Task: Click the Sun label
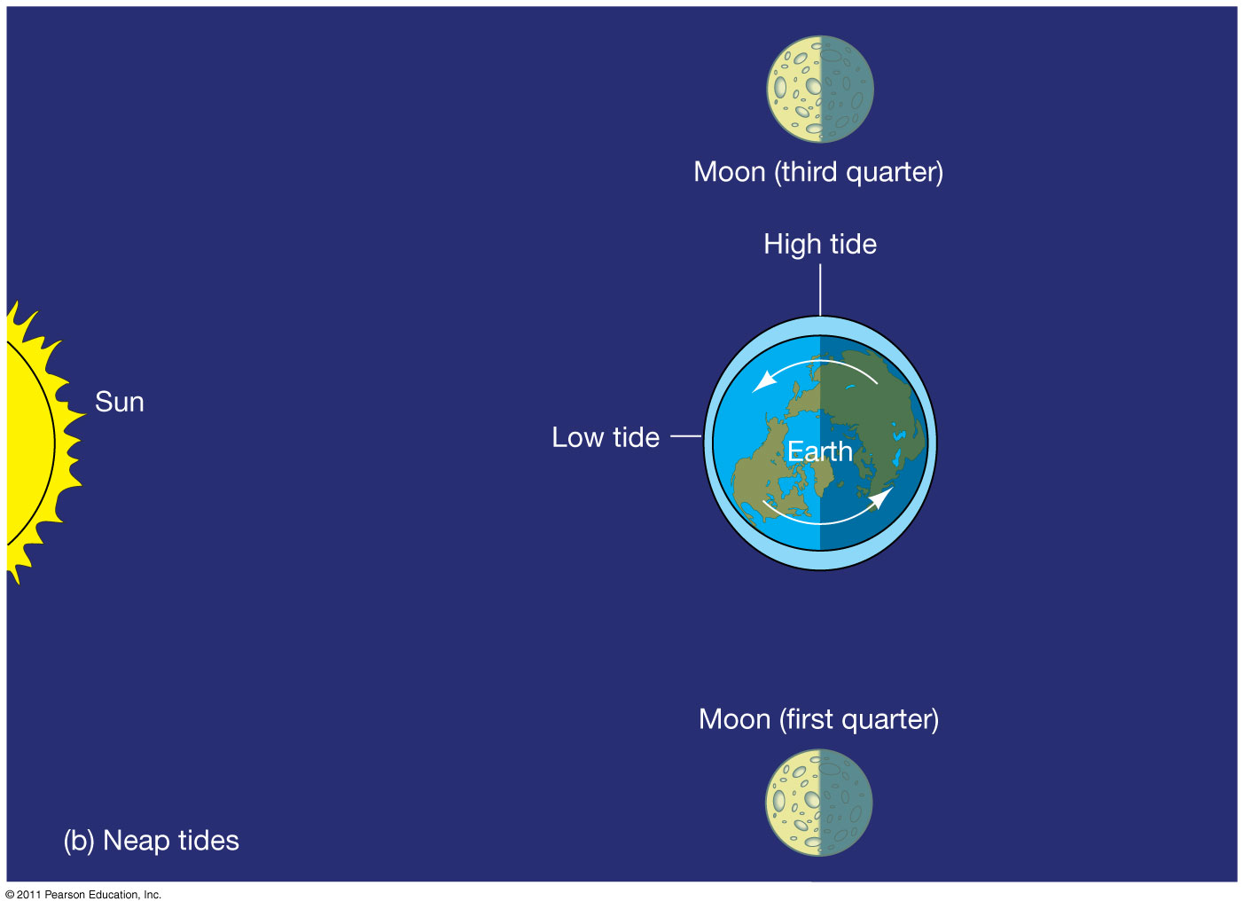pyautogui.click(x=120, y=402)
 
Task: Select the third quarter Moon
pyautogui.click(x=819, y=89)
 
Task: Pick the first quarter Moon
pyautogui.click(x=818, y=803)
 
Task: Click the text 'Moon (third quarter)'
pyautogui.click(x=818, y=172)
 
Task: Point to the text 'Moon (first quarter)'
pyautogui.click(x=818, y=719)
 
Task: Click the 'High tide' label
pyautogui.click(x=820, y=245)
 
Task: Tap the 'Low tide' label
pyautogui.click(x=606, y=437)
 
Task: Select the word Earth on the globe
pyautogui.click(x=819, y=451)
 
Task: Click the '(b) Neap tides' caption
pyautogui.click(x=152, y=841)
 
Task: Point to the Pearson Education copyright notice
pyautogui.click(x=83, y=895)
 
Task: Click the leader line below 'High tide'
pyautogui.click(x=820, y=290)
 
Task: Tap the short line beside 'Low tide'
pyautogui.click(x=686, y=436)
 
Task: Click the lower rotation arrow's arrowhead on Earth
pyautogui.click(x=880, y=498)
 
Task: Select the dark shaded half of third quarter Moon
pyautogui.click(x=848, y=89)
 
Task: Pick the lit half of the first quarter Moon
pyautogui.click(x=793, y=803)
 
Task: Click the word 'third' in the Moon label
pyautogui.click(x=810, y=171)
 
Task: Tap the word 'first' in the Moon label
pyautogui.click(x=809, y=719)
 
